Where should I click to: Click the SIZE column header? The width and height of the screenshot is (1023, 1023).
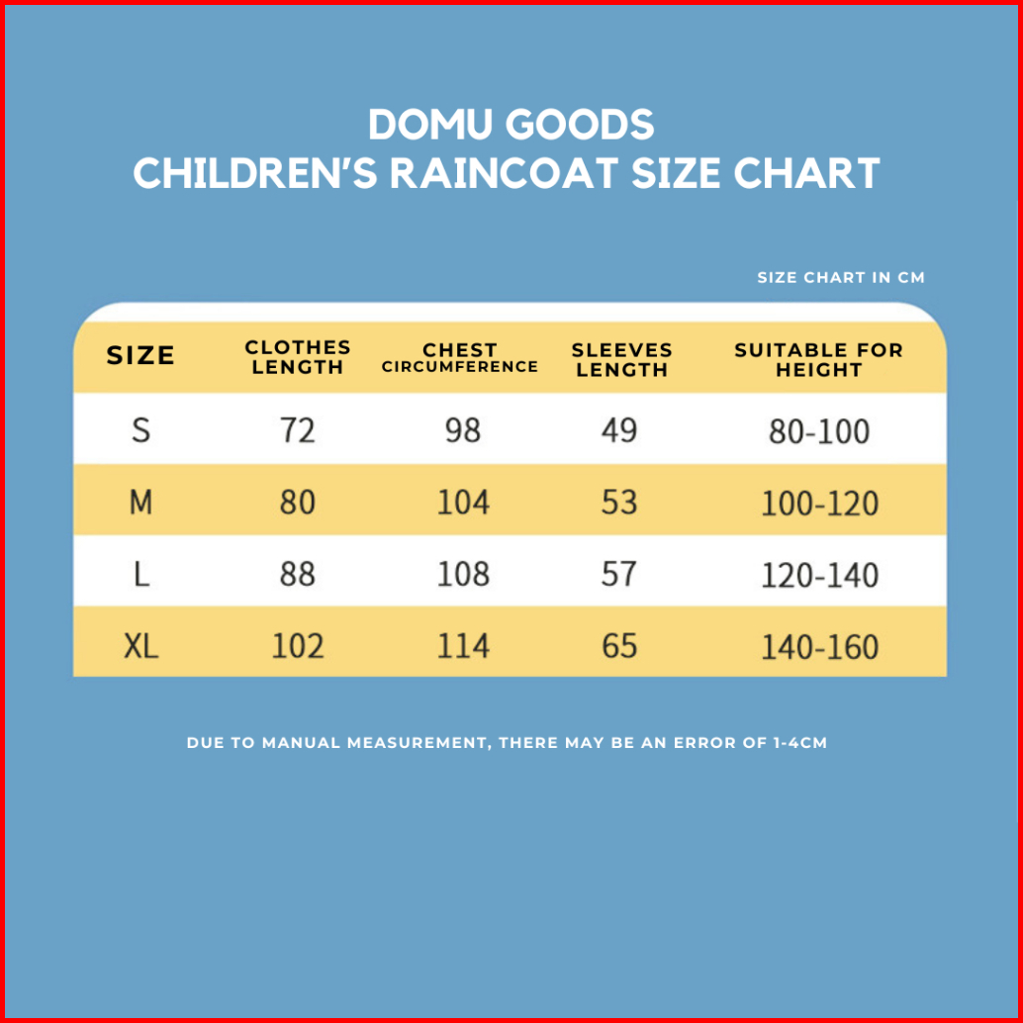[x=140, y=356]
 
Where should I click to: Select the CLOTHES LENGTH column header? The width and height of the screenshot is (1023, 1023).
[x=298, y=357]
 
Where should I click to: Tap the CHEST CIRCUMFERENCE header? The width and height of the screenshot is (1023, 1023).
[x=460, y=358]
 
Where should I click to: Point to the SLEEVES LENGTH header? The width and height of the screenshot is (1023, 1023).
[x=621, y=360]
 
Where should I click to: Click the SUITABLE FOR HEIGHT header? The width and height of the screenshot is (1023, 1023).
[x=818, y=360]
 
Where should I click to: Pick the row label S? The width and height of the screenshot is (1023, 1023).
[x=141, y=430]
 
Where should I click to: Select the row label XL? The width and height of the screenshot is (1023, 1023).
[x=141, y=646]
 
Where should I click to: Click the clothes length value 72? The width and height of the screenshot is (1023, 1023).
[x=298, y=430]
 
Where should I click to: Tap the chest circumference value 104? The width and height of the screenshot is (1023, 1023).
[x=463, y=503]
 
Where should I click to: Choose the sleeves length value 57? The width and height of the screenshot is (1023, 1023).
[x=619, y=574]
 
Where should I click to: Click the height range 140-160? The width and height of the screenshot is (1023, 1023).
[x=819, y=647]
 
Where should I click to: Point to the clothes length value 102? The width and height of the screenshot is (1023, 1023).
[x=298, y=646]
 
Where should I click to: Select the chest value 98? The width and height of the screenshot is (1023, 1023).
[x=463, y=430]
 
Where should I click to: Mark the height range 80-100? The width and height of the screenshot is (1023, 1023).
[x=819, y=431]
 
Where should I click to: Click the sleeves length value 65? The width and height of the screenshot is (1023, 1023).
[x=619, y=646]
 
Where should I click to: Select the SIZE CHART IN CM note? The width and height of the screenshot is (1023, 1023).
[x=841, y=278]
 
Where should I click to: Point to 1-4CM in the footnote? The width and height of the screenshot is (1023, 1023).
[x=797, y=742]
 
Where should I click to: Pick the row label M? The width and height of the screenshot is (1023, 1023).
[x=141, y=503]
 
